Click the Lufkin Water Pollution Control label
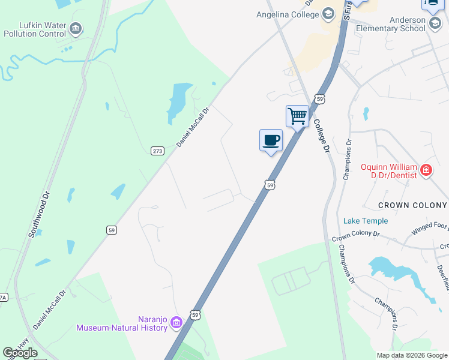coord(34,28)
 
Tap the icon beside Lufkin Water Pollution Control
coord(76,28)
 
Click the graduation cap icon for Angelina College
coord(328,13)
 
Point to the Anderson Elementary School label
coord(390,23)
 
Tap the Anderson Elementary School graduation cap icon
coord(435,23)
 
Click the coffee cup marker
coord(271,140)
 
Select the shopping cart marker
coord(297,116)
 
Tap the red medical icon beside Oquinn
coord(426,170)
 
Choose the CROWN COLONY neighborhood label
coord(412,205)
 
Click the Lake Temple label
coord(366,221)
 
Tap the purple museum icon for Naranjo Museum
coord(176,323)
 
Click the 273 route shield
coord(157,151)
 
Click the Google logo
coord(20,353)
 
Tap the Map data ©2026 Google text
coord(412,355)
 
